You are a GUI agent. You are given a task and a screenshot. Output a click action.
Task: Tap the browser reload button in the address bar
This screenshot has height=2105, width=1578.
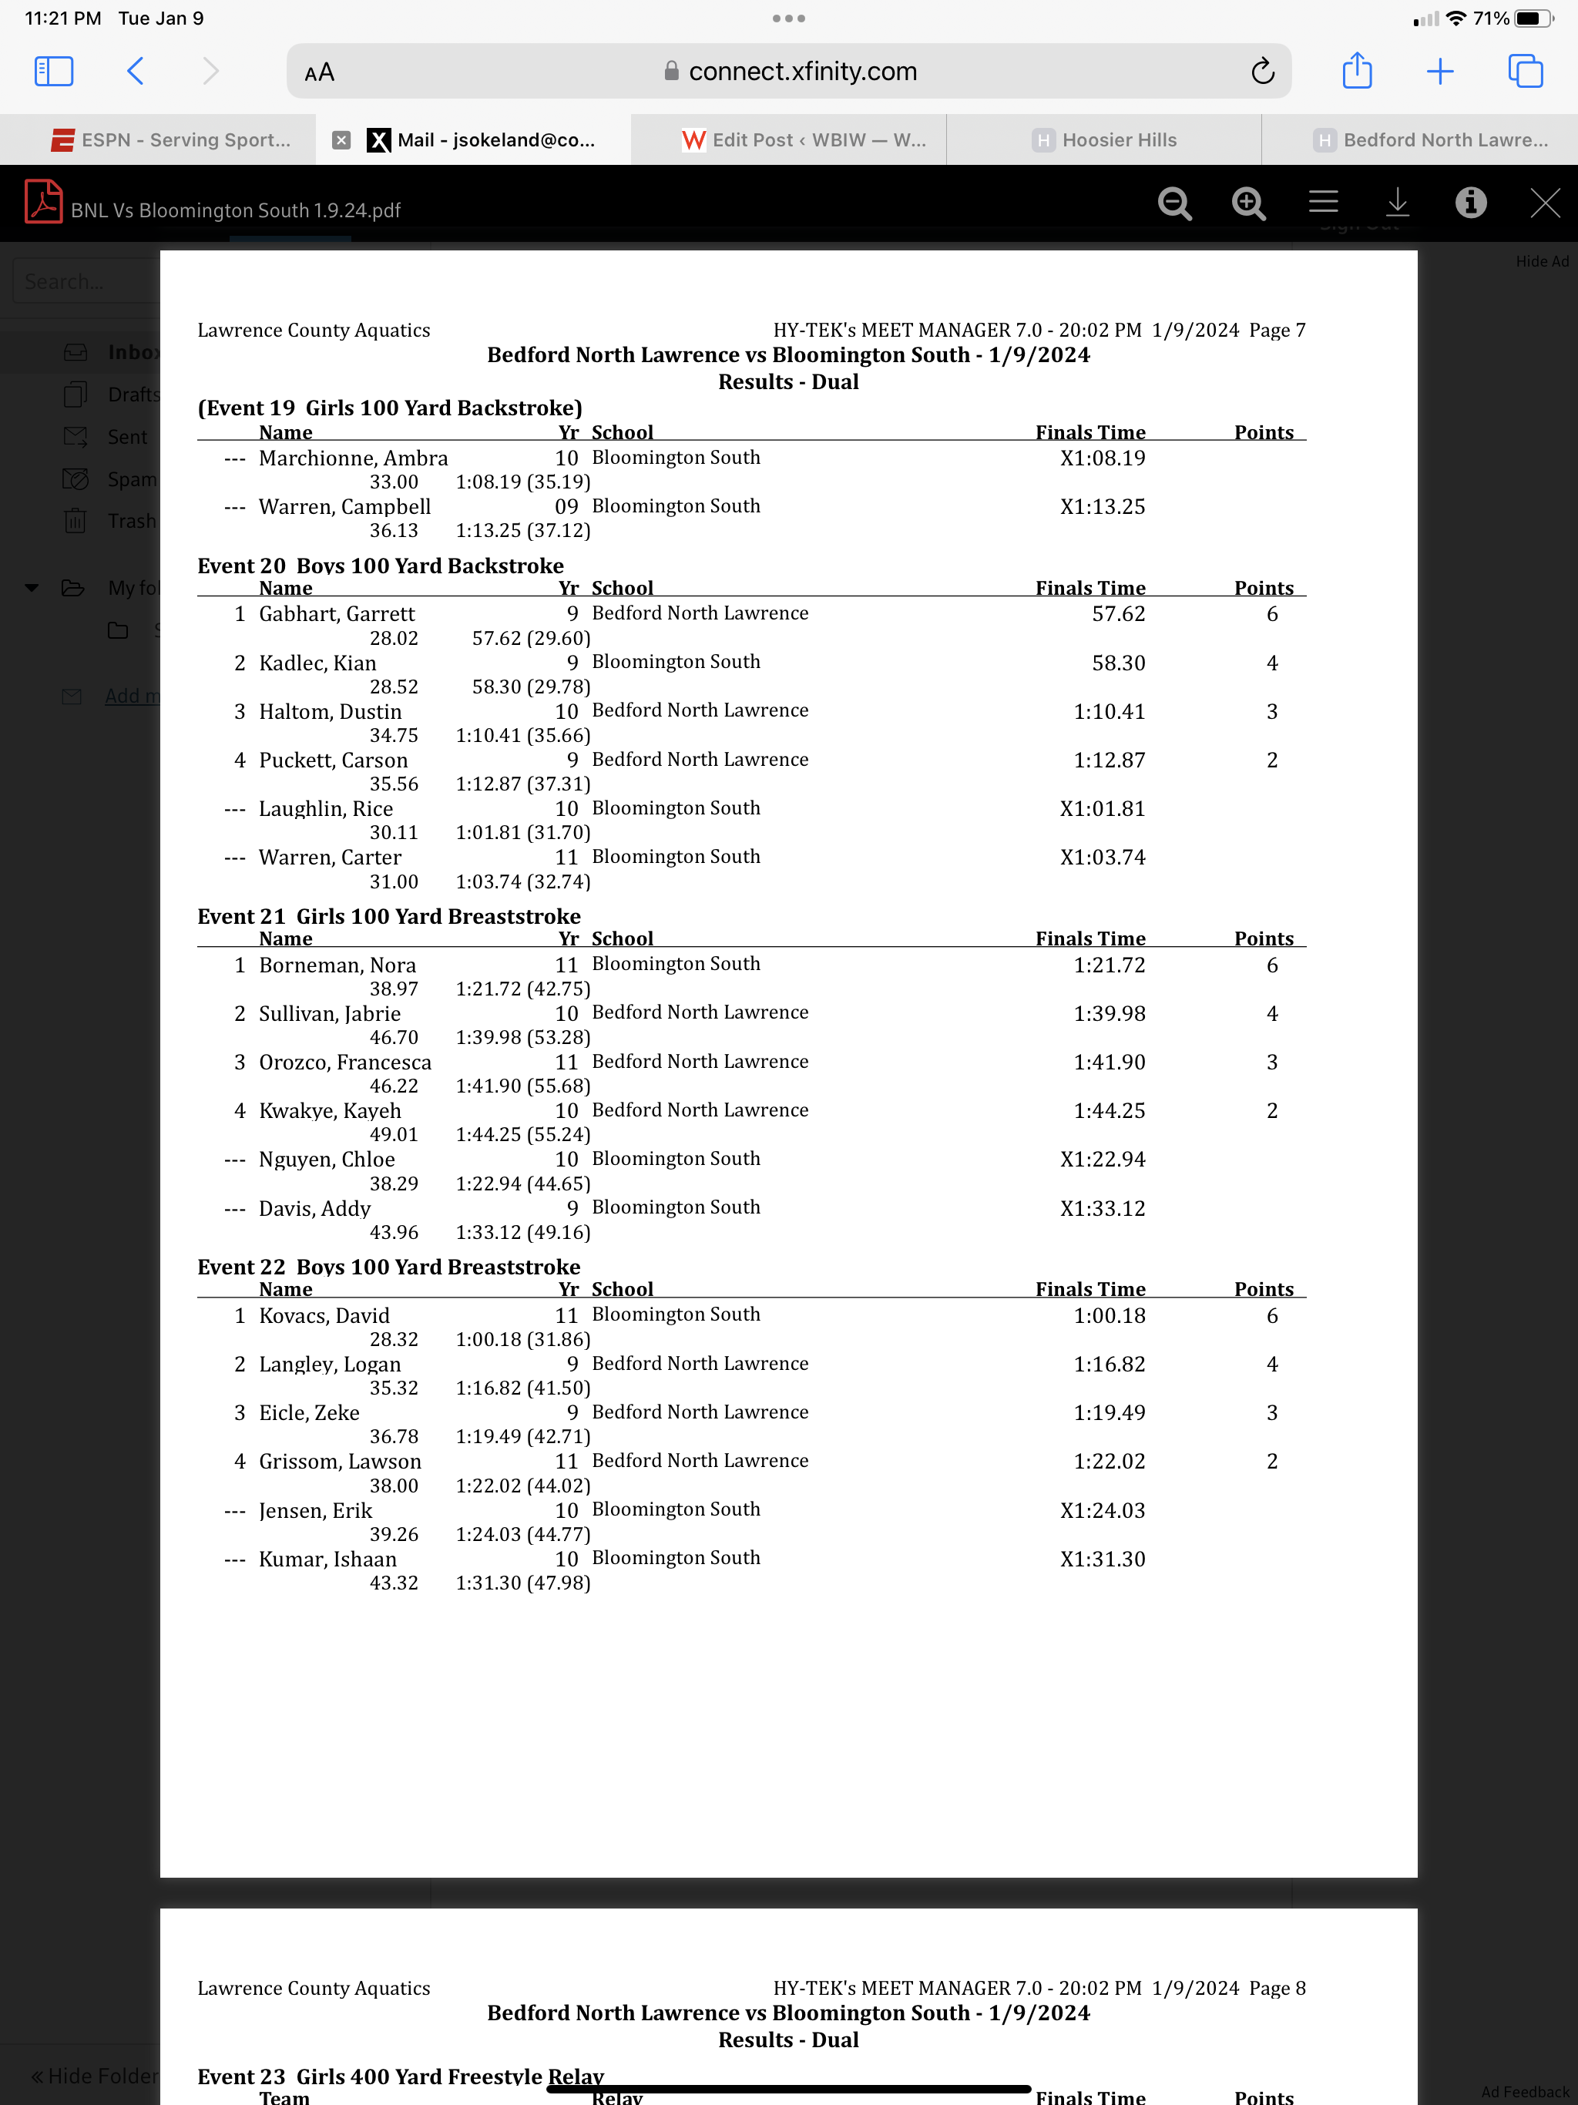1263,72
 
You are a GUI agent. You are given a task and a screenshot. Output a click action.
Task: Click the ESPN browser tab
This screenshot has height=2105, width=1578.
171,140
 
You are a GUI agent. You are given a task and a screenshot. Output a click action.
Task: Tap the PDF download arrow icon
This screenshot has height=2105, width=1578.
1397,203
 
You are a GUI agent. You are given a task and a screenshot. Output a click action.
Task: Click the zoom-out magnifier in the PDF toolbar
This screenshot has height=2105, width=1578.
1174,203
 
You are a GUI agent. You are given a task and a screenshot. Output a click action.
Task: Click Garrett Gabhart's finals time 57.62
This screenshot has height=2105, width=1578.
1118,614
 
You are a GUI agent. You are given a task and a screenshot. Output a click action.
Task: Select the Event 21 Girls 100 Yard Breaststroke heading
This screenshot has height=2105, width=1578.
388,915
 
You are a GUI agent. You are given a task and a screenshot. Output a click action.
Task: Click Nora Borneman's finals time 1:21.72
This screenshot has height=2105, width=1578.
1109,965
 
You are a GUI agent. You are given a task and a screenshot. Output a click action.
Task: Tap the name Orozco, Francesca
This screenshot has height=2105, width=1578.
344,1062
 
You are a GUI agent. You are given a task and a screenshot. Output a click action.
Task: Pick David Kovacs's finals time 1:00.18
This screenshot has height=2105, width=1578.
1109,1315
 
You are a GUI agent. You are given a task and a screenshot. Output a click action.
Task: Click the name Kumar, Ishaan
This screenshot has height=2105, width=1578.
327,1559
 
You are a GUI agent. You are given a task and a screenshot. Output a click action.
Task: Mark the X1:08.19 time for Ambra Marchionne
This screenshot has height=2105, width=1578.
1102,458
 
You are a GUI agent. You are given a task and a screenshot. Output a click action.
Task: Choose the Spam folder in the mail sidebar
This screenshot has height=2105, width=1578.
130,478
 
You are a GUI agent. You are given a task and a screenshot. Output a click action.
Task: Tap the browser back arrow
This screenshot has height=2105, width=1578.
135,72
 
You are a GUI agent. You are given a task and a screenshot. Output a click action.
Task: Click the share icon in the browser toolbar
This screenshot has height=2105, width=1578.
1356,72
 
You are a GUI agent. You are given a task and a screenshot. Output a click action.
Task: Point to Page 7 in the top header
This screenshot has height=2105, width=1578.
1276,331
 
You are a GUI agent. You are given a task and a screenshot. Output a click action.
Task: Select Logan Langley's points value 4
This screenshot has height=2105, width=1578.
1271,1364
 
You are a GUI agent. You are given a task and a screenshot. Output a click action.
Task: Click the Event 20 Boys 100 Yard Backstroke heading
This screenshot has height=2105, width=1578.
380,566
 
